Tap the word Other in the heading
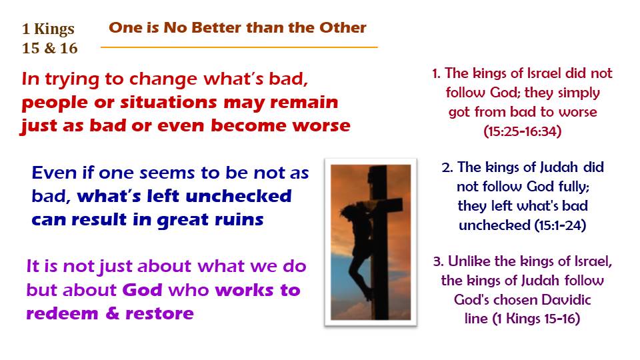click(343, 27)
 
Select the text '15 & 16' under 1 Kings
click(49, 48)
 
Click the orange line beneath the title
click(239, 47)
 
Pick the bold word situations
click(168, 102)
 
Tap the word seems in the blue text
click(166, 173)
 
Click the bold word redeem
click(62, 313)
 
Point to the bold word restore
click(159, 313)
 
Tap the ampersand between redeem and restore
click(112, 313)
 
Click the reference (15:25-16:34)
click(523, 131)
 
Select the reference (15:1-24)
click(560, 225)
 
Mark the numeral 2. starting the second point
click(447, 167)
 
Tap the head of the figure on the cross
click(349, 212)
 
